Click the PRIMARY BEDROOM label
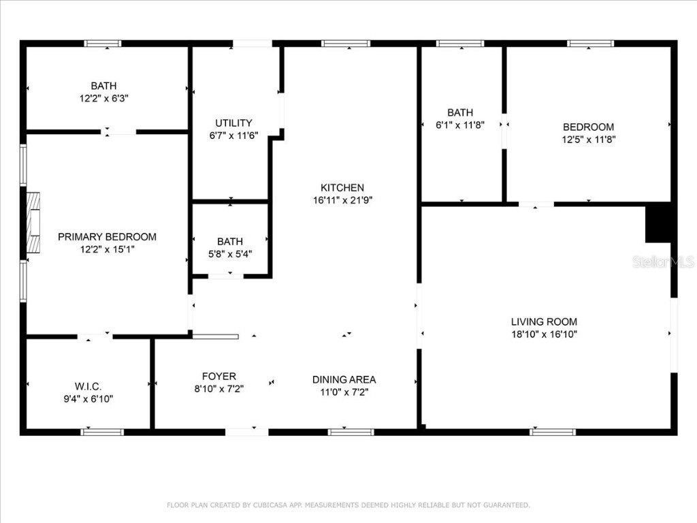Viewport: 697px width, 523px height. click(107, 237)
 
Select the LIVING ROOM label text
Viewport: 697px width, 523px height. click(544, 321)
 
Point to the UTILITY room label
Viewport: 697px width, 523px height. click(233, 123)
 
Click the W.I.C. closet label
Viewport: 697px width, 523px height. click(88, 386)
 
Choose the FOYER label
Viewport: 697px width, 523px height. click(219, 376)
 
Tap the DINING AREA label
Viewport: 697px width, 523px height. click(344, 379)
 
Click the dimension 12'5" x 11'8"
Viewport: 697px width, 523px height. click(588, 139)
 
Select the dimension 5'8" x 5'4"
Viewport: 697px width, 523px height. click(230, 253)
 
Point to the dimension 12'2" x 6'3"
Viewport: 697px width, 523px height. click(103, 98)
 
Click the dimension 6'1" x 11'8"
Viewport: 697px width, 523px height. click(460, 125)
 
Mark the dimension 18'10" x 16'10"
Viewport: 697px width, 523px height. click(544, 334)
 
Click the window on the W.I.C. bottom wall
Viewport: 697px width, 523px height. click(102, 431)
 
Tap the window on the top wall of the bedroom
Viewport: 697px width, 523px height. click(591, 44)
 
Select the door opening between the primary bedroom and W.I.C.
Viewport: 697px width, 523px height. click(95, 336)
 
